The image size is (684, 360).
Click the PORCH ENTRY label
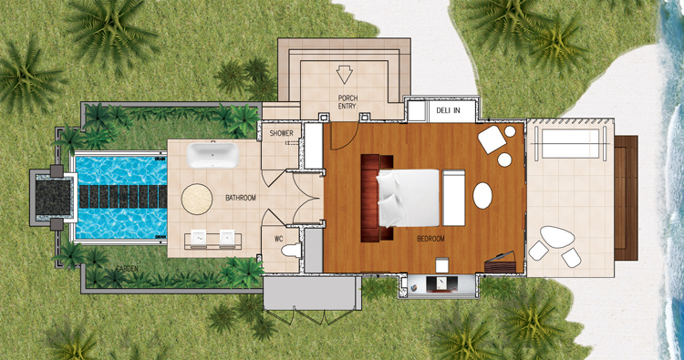click(x=347, y=102)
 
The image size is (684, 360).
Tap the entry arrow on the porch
click(x=344, y=75)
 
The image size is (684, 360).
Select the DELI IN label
click(x=448, y=110)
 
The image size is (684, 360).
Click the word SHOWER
click(x=282, y=133)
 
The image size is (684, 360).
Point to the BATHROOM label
click(x=241, y=198)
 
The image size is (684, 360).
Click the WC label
click(x=279, y=239)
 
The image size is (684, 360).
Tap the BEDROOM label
click(x=430, y=239)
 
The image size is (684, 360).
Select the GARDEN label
click(x=127, y=269)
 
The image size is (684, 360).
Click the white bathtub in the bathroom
click(x=212, y=155)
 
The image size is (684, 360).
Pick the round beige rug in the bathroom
click(x=197, y=200)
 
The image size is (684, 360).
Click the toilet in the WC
click(x=292, y=251)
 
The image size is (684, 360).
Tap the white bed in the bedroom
click(x=408, y=198)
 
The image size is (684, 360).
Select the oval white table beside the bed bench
click(x=482, y=195)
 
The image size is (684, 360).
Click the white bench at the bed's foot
click(x=453, y=198)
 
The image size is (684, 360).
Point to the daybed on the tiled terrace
click(x=570, y=144)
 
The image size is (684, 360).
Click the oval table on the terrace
click(x=557, y=238)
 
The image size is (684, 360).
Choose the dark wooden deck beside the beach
click(x=626, y=198)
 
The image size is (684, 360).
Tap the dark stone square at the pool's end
click(x=53, y=198)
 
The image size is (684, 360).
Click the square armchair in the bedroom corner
click(x=492, y=139)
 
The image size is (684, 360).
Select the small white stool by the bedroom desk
click(x=442, y=265)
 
